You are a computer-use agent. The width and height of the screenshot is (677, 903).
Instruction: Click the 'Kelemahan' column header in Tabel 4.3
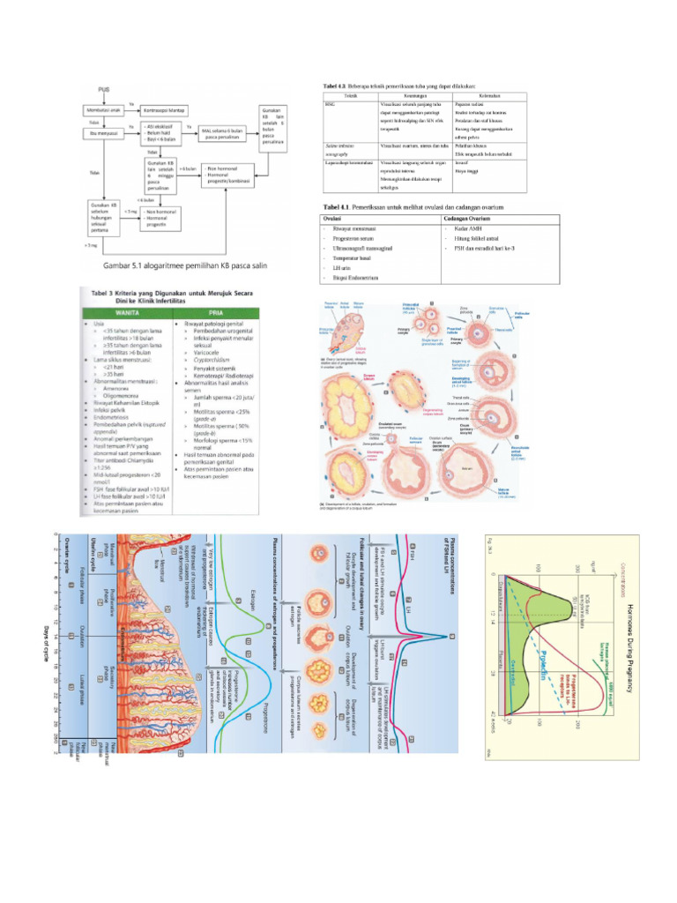490,95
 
